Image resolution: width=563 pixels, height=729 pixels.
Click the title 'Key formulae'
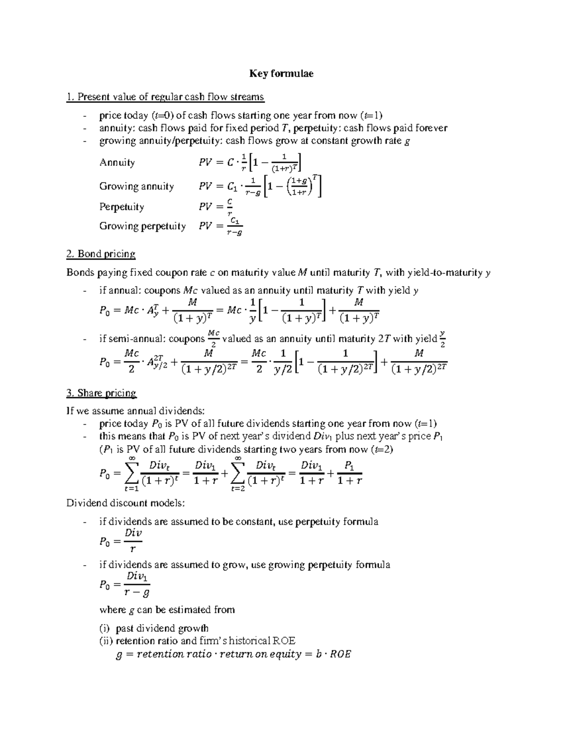point(281,73)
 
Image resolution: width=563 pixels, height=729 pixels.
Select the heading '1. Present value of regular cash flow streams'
point(165,97)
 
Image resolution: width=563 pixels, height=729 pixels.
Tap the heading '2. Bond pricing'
point(101,254)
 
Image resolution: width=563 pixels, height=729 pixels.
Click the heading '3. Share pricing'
point(101,393)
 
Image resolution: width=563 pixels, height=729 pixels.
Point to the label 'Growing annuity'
point(136,186)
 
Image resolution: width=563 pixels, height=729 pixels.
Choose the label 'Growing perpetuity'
point(142,226)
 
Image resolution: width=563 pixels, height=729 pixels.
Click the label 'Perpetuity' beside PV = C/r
point(122,207)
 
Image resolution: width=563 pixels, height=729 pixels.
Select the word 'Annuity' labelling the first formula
point(117,162)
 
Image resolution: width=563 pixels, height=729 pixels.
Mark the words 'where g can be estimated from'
point(167,610)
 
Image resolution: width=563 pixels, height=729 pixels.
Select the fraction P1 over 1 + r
point(349,473)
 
